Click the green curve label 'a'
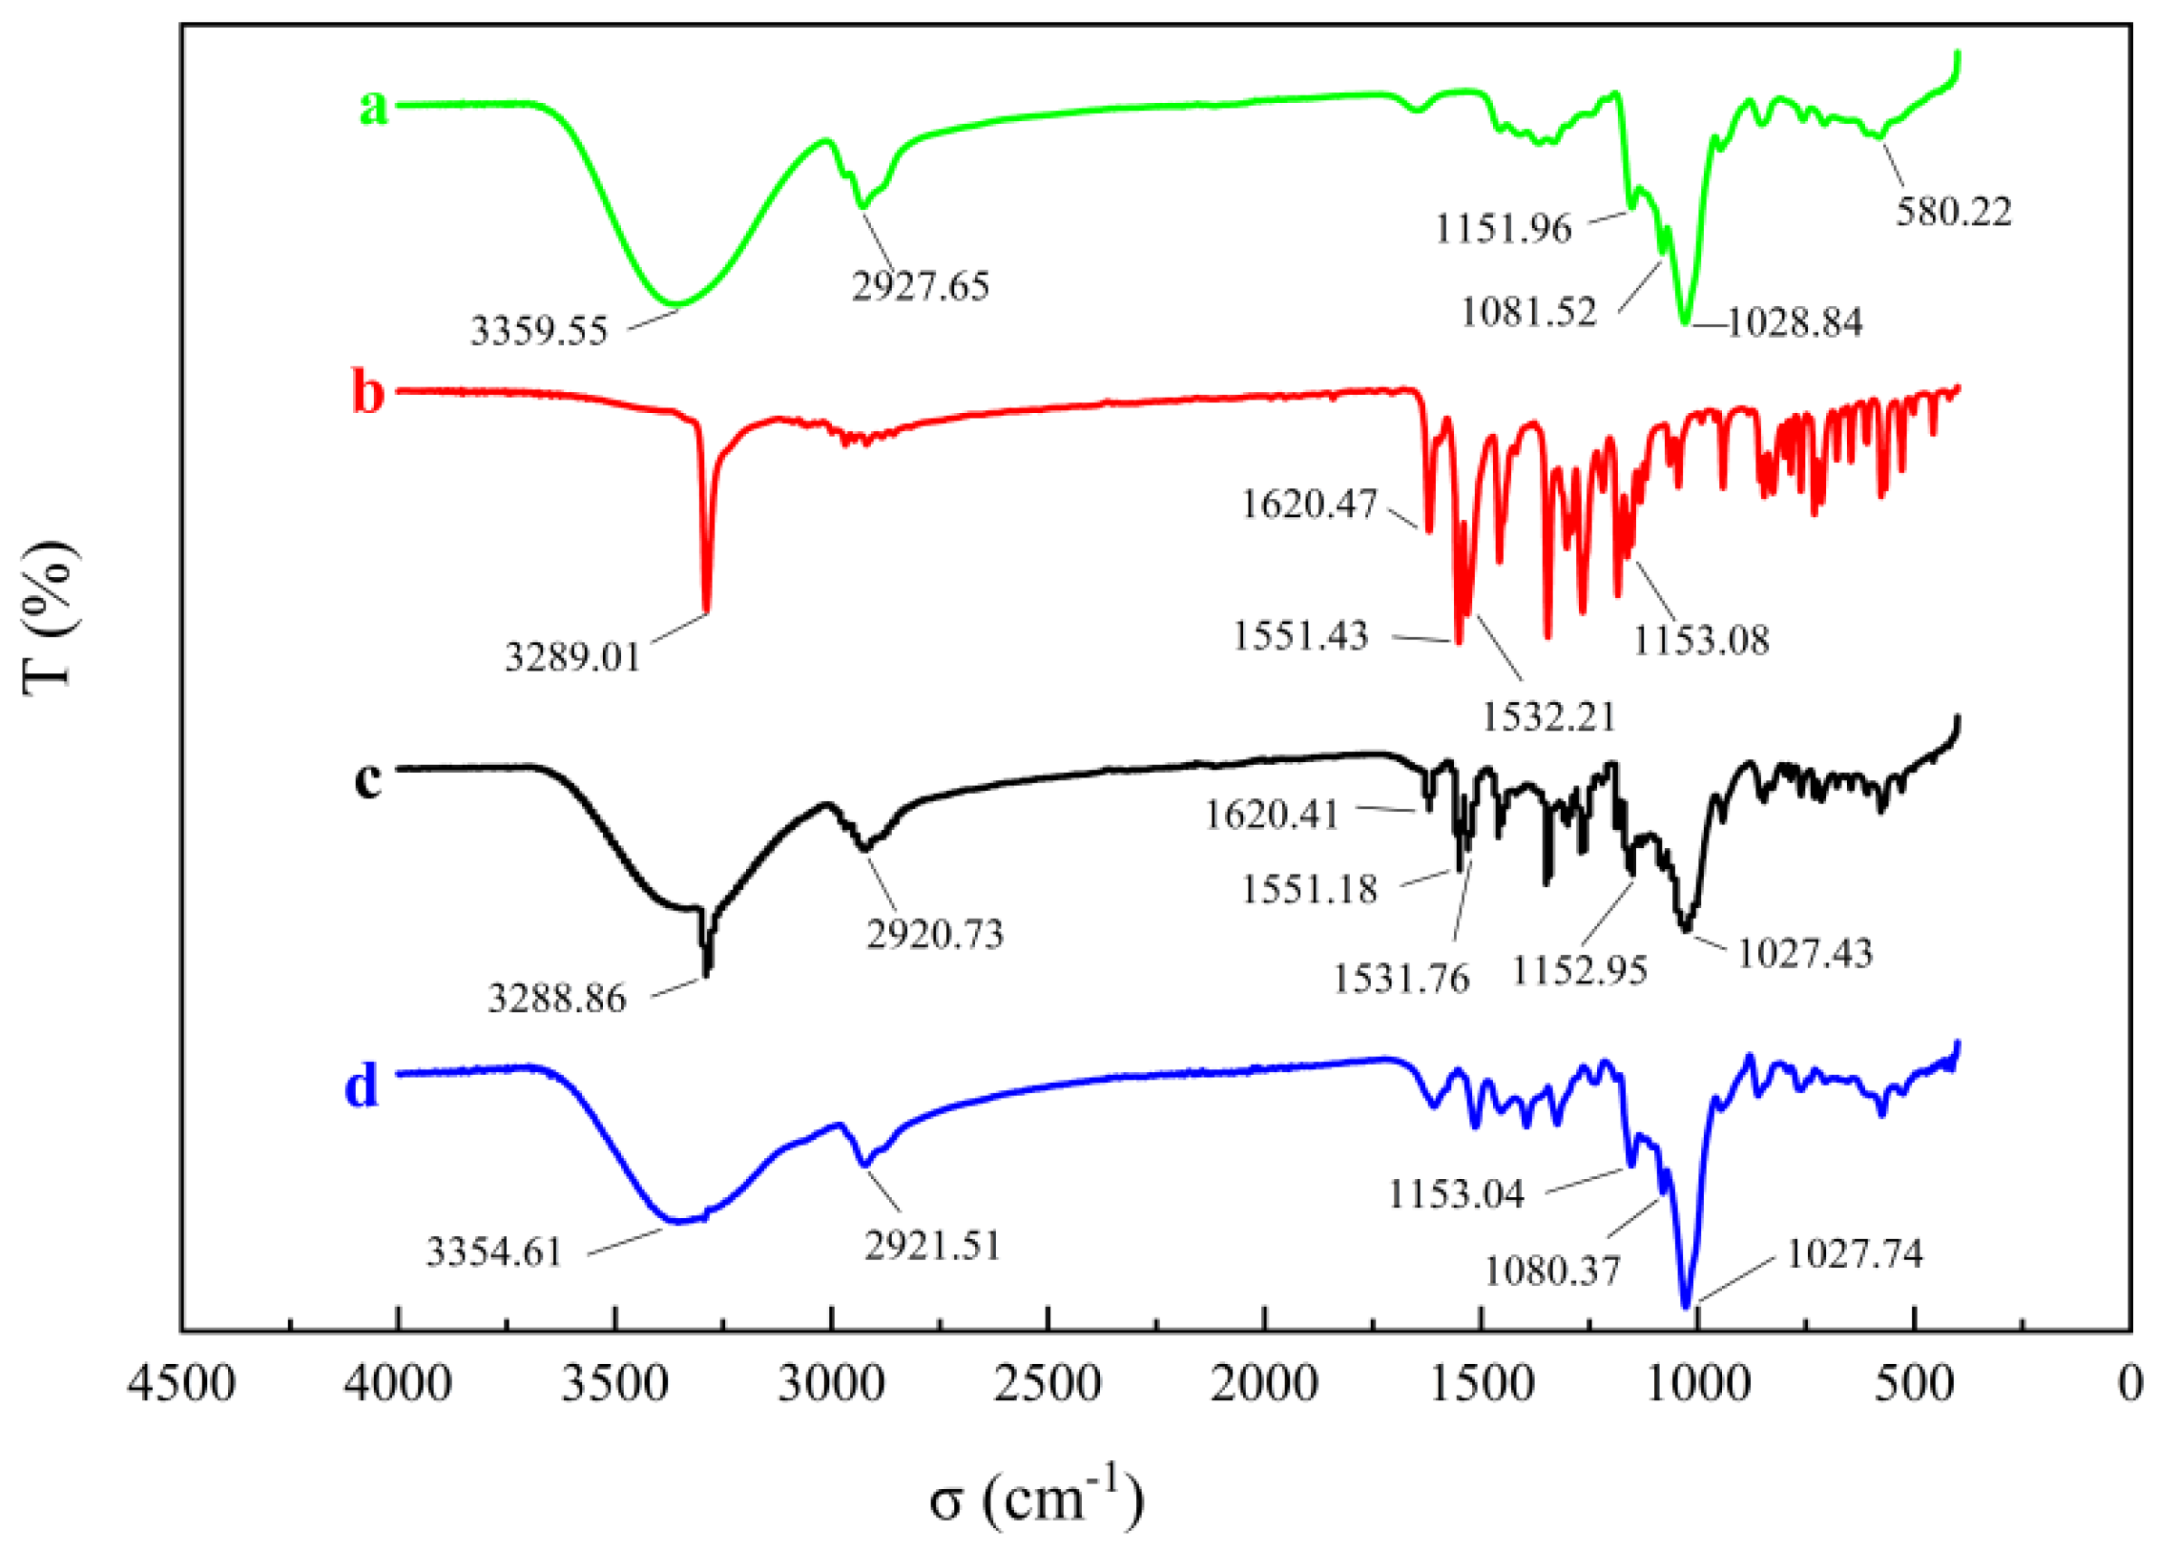[373, 107]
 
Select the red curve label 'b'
[368, 392]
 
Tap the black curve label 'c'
[367, 779]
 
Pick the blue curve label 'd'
[362, 1086]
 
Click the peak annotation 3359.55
[539, 331]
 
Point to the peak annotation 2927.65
[921, 286]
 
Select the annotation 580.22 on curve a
[1954, 212]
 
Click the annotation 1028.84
[1795, 322]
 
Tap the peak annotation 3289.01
[572, 657]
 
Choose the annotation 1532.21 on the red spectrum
[1549, 716]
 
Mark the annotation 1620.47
[1310, 504]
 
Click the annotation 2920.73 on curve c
[935, 934]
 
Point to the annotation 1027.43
[1805, 953]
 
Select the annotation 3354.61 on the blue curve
[494, 1251]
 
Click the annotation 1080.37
[1553, 1271]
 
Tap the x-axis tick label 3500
[614, 1384]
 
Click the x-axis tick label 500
[1914, 1384]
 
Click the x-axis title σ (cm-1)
[1036, 1499]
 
